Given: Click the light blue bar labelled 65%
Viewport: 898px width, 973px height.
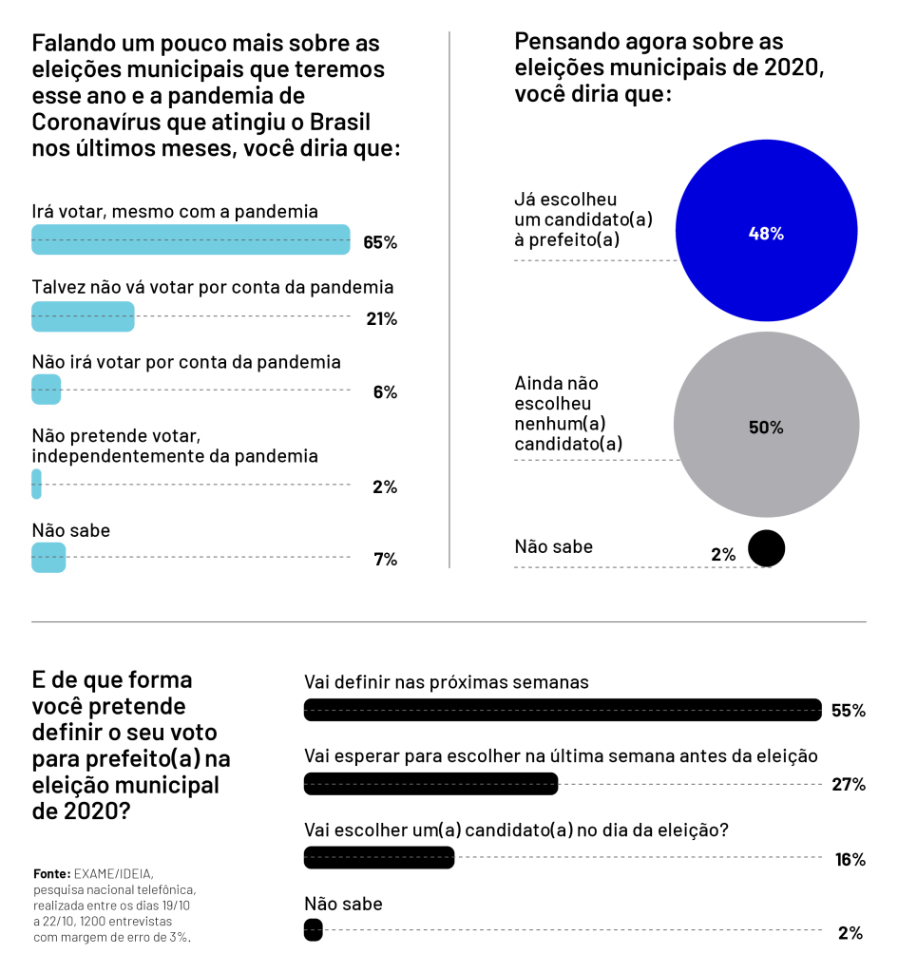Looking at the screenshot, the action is pos(190,239).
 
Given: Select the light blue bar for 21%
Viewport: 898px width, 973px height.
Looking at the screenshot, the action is pos(83,316).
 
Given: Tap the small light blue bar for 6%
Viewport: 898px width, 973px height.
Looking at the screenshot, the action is pos(46,390).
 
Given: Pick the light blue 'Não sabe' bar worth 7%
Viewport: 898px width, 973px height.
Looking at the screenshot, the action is pos(48,557).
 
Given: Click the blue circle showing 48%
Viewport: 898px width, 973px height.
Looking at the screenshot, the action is pos(767,231).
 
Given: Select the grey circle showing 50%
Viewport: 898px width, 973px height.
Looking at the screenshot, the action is pos(767,425).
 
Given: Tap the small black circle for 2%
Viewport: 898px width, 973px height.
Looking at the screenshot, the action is pos(767,548).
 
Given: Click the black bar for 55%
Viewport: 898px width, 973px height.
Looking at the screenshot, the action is pos(563,710).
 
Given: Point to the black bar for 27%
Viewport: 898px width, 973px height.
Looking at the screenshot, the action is pos(430,784).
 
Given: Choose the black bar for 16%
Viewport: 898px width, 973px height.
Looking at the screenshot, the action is pos(379,858).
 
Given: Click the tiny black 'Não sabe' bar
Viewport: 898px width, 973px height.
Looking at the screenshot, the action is pos(314,929).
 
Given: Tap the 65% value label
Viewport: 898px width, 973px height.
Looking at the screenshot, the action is pos(380,242).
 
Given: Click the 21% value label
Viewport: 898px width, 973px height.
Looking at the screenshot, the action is pos(382,319).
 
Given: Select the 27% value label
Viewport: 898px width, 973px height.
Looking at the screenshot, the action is pos(849,784).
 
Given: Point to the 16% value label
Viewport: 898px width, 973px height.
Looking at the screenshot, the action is pos(850,859).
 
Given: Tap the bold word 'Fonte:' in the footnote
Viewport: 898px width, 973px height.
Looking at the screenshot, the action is pos(52,874).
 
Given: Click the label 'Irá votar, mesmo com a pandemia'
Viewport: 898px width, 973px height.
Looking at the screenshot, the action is pos(175,212).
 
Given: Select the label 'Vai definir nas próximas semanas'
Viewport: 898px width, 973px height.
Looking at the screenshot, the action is pos(447,682).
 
